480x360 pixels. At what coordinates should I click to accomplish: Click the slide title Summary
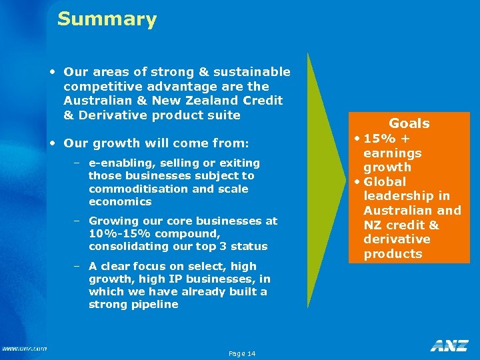point(107,19)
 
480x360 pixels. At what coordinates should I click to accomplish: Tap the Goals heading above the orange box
point(409,123)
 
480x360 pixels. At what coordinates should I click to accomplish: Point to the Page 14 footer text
point(241,353)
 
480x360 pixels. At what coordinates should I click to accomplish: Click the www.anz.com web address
point(24,348)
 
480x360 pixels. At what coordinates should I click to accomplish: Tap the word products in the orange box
point(393,253)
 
